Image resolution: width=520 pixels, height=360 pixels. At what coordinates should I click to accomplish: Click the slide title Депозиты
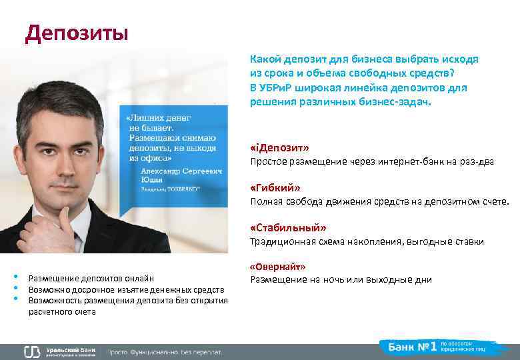[76, 33]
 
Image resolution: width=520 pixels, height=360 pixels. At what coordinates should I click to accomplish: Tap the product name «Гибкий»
[275, 188]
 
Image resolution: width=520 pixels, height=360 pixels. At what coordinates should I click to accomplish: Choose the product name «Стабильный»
[288, 227]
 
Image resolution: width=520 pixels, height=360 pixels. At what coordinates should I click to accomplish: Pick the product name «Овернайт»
[277, 267]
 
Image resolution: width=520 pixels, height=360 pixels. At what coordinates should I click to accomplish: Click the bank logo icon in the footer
[32, 351]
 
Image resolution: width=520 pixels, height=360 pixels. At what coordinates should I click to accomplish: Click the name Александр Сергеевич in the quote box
[171, 170]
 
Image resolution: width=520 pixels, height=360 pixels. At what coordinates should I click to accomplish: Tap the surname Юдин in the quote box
[152, 179]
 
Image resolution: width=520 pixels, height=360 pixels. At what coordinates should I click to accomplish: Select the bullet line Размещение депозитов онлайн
[91, 279]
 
